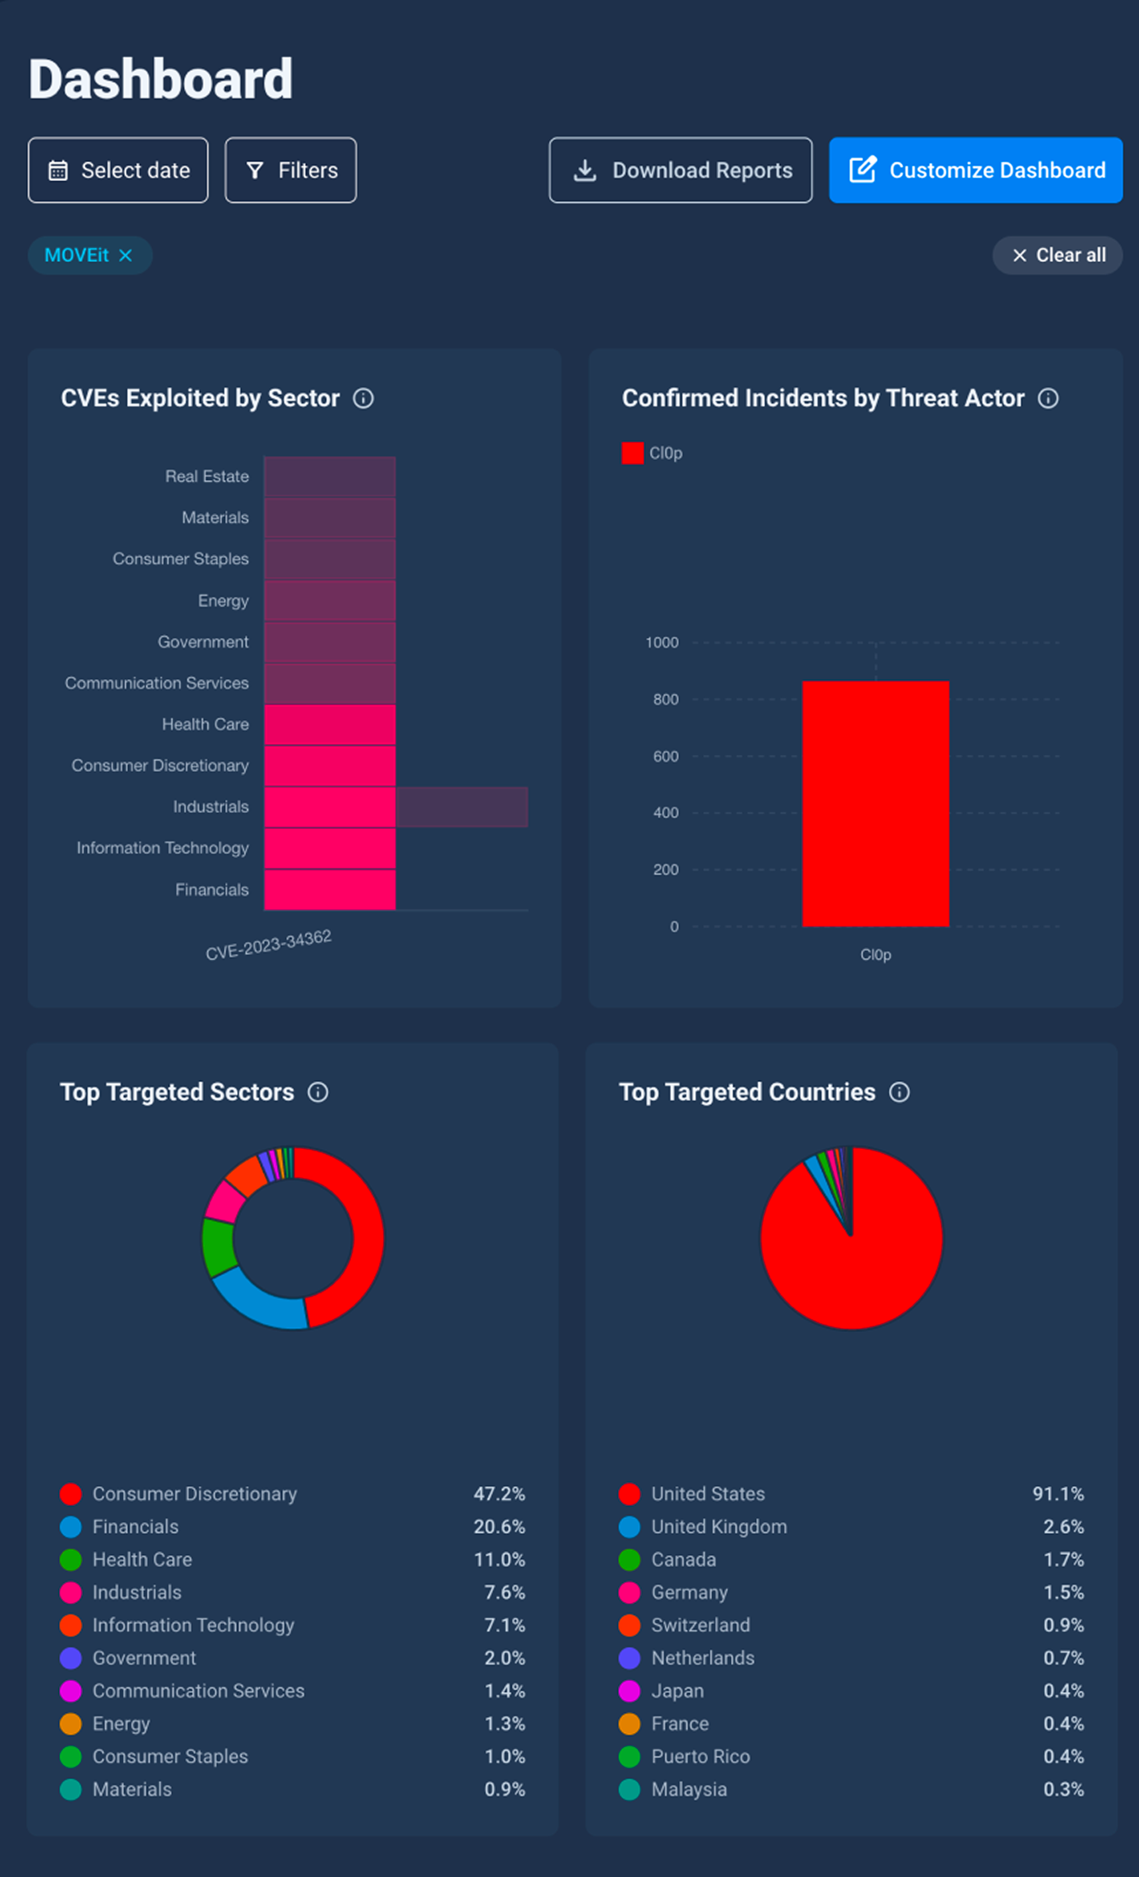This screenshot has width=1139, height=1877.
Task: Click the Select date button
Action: (x=118, y=170)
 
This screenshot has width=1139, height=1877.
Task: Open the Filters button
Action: (x=290, y=170)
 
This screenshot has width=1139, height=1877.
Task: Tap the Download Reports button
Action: (x=680, y=170)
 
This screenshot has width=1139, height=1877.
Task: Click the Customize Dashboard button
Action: (x=976, y=170)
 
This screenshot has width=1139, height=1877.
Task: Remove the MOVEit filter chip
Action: (x=125, y=255)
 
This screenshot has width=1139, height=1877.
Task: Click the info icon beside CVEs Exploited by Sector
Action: (x=364, y=398)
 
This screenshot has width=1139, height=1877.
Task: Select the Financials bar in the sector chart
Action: (x=330, y=889)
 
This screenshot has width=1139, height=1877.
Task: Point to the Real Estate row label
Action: (x=207, y=476)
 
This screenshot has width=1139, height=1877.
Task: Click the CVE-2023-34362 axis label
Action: (x=268, y=944)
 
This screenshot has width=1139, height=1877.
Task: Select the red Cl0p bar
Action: (x=875, y=804)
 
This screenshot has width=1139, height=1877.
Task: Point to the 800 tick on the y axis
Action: (x=666, y=700)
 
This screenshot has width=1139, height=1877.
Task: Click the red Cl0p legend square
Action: (x=633, y=453)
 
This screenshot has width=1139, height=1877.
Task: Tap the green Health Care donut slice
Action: (x=218, y=1247)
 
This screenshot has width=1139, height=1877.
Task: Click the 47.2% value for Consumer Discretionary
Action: (x=499, y=1494)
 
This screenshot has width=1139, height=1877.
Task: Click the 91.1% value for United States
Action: (x=1058, y=1494)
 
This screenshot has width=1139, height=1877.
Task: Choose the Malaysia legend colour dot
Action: (x=629, y=1789)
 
